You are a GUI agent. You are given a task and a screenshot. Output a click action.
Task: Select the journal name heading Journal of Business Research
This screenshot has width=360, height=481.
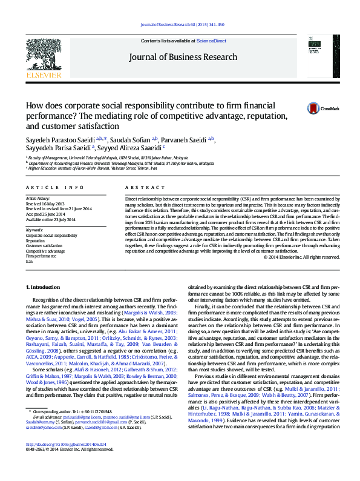pos(182,58)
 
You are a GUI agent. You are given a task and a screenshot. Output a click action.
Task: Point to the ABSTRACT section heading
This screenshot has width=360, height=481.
pos(140,188)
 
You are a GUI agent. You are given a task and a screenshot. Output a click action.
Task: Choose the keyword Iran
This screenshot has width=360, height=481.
pos(29,262)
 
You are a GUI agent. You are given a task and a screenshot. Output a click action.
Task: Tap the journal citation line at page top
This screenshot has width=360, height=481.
pos(182,24)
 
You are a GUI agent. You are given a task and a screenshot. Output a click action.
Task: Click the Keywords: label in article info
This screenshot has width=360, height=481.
pos(34,230)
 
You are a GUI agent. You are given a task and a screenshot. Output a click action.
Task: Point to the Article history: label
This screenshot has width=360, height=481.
pos(38,198)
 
